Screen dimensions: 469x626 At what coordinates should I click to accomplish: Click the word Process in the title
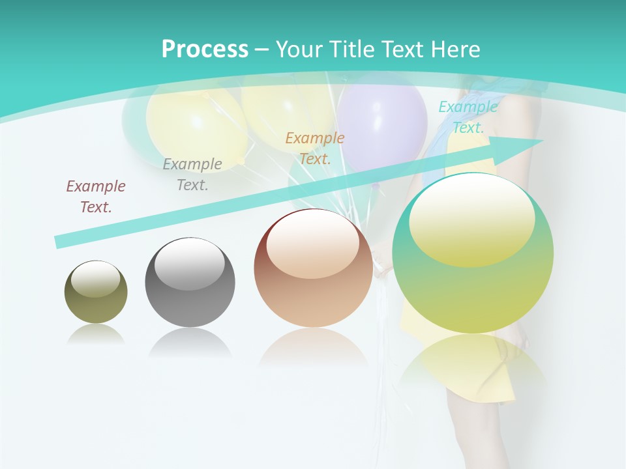click(x=205, y=50)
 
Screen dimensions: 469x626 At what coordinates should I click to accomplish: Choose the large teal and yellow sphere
click(x=473, y=254)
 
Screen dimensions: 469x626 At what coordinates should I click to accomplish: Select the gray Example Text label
click(x=192, y=175)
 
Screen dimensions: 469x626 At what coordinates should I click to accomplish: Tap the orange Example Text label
click(x=315, y=148)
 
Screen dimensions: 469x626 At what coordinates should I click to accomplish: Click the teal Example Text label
click(x=468, y=117)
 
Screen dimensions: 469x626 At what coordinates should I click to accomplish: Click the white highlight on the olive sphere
click(x=95, y=279)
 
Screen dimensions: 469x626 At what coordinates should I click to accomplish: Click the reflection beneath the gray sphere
click(x=190, y=342)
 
